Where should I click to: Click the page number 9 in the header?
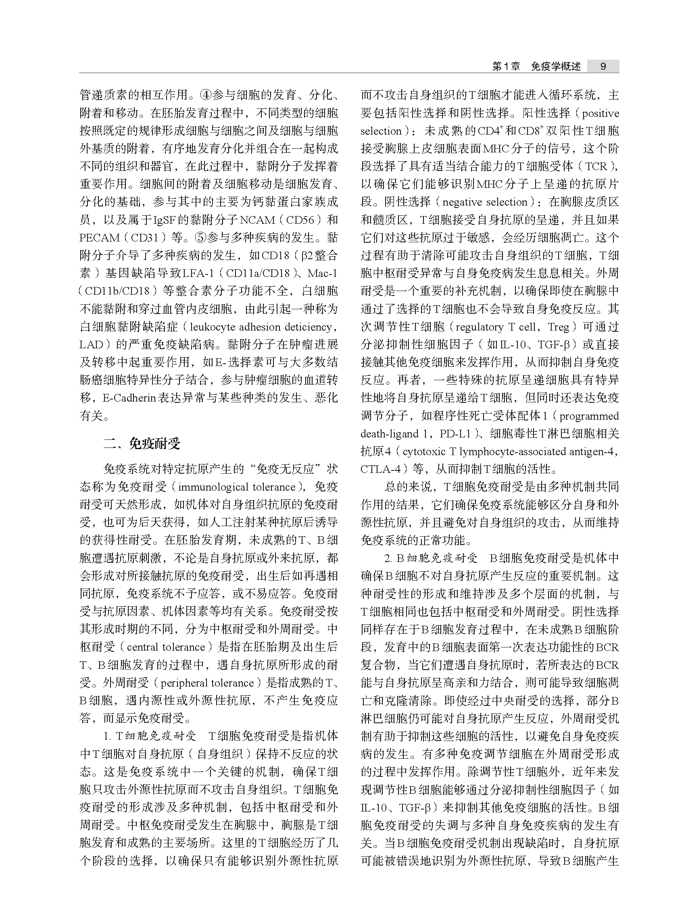pos(603,67)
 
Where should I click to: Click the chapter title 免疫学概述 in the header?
pos(556,67)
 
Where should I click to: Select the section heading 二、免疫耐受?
pos(142,444)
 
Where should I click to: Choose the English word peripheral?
pos(184,683)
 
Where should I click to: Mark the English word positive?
pos(601,113)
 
